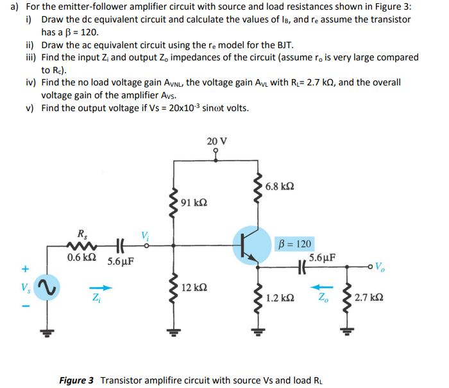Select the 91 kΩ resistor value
(x=194, y=202)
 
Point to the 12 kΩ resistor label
(x=194, y=287)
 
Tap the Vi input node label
(x=145, y=236)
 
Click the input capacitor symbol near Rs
(x=118, y=245)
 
